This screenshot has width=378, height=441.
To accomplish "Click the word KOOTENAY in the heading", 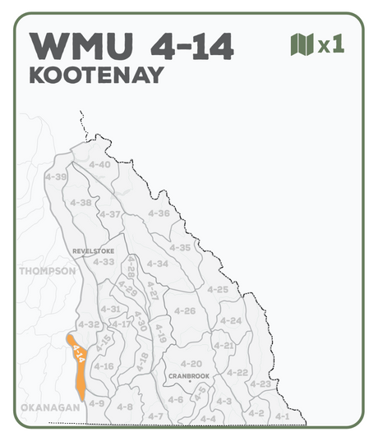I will (x=96, y=75).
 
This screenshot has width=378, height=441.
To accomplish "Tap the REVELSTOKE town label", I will (x=94, y=250).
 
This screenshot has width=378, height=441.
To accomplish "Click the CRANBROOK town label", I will (x=189, y=375).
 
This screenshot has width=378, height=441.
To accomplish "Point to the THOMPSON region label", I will (x=47, y=270).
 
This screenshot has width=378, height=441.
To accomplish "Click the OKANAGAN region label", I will (x=50, y=407).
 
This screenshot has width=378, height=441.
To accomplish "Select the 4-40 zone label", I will (x=99, y=164).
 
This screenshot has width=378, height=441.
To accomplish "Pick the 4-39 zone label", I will (x=56, y=177).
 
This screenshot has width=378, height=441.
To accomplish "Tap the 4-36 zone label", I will (x=159, y=214).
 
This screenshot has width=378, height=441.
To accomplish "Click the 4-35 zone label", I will (x=179, y=247).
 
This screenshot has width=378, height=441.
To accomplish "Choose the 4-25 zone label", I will (x=218, y=289).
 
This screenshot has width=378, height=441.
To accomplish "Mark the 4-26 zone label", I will (x=185, y=310).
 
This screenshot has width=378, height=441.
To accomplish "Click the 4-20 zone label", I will (x=191, y=363).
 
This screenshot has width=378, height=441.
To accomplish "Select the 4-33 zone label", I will (x=104, y=261).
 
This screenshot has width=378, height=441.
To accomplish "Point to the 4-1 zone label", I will (x=283, y=416).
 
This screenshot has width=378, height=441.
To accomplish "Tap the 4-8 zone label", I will (x=125, y=407).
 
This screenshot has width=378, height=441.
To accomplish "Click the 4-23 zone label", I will (x=260, y=384).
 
